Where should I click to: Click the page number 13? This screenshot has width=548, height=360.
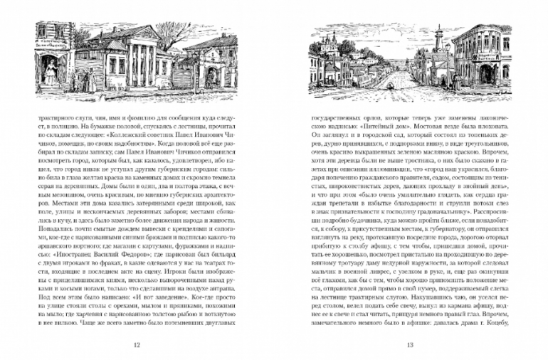410,346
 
